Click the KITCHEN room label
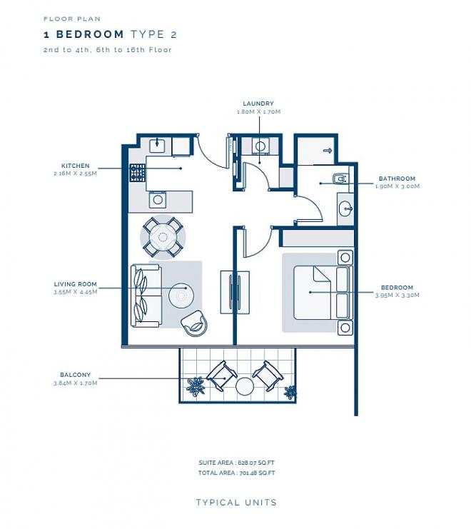pyautogui.click(x=75, y=166)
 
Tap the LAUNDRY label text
pyautogui.click(x=258, y=104)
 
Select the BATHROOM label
pyautogui.click(x=397, y=178)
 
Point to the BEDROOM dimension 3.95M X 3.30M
pyautogui.click(x=397, y=296)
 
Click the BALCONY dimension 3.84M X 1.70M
pyautogui.click(x=75, y=383)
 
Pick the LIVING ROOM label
pyautogui.click(x=75, y=284)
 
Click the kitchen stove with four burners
pyautogui.click(x=138, y=173)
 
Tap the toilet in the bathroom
pyautogui.click(x=340, y=178)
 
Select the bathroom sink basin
pyautogui.click(x=346, y=209)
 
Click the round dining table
pyautogui.click(x=163, y=237)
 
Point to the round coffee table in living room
pyautogui.click(x=181, y=296)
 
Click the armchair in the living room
pyautogui.click(x=194, y=323)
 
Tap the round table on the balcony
pyautogui.click(x=245, y=386)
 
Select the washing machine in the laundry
pyautogui.click(x=260, y=146)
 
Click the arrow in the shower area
pyautogui.click(x=328, y=151)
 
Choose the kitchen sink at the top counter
pyautogui.click(x=157, y=145)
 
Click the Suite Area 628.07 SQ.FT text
pyautogui.click(x=236, y=463)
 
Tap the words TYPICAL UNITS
pyautogui.click(x=236, y=503)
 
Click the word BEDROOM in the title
pyautogui.click(x=90, y=34)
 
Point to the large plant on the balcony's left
pyautogui.click(x=196, y=386)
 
